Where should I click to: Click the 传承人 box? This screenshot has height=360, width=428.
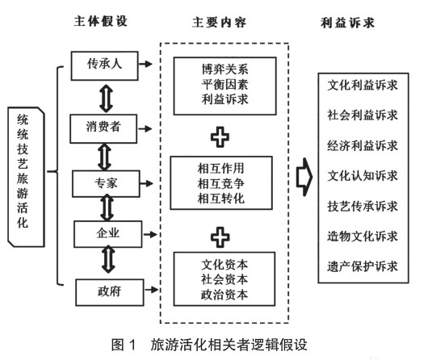[x=104, y=65]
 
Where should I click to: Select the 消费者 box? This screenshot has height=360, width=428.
[x=103, y=129]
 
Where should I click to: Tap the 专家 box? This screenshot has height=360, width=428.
[x=106, y=184]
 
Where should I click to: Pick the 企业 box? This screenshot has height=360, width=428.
[x=108, y=234]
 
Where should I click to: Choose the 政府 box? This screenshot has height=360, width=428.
[x=110, y=292]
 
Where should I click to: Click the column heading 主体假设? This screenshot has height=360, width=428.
[x=101, y=21]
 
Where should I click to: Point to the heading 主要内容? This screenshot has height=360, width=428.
[x=219, y=23]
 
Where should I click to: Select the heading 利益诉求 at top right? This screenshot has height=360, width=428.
[x=347, y=23]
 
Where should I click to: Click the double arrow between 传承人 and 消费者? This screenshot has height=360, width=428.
[x=106, y=98]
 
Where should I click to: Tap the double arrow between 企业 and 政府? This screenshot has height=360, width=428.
[x=108, y=259]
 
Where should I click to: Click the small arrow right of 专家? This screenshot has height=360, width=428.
[x=146, y=183]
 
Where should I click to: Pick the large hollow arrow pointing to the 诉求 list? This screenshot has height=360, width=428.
[x=304, y=177]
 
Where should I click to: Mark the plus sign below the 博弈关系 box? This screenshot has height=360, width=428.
[x=220, y=137]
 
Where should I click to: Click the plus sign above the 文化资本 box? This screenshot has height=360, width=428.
[x=220, y=237]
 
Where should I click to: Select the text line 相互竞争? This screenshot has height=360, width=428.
[x=220, y=183]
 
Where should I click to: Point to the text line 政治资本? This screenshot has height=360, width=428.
[x=224, y=295]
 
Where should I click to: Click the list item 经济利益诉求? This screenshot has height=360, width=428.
[x=363, y=145]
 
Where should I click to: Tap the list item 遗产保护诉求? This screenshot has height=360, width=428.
[x=363, y=266]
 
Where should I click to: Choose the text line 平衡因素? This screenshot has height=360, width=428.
[x=225, y=84]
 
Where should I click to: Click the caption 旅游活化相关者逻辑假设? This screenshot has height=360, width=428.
[x=229, y=345]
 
